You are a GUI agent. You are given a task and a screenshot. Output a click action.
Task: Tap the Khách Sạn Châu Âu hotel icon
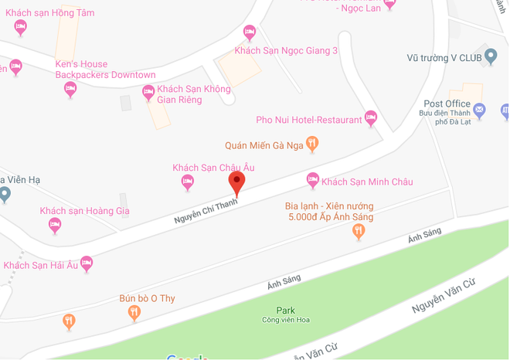click(187, 182)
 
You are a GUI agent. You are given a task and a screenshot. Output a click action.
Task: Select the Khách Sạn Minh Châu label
click(367, 182)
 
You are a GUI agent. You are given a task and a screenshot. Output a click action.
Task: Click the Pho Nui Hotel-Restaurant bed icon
click(371, 119)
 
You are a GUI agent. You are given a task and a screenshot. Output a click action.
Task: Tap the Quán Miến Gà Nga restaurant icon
click(312, 143)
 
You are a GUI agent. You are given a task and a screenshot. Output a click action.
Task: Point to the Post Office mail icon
click(479, 110)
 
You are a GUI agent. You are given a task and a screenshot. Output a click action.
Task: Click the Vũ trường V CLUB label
click(444, 58)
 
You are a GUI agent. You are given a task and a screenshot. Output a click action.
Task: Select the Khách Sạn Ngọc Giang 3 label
click(286, 51)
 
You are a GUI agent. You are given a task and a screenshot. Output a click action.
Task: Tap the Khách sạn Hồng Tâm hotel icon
click(21, 27)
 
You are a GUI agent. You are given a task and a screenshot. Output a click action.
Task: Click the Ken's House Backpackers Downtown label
click(105, 70)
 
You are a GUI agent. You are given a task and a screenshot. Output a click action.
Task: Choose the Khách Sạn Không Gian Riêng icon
click(148, 93)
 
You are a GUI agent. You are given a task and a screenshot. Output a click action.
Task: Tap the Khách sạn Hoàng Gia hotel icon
click(55, 226)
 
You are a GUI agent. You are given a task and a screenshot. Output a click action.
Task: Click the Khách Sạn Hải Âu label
click(40, 265)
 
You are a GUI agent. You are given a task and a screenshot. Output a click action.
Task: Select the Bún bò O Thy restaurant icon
click(134, 312)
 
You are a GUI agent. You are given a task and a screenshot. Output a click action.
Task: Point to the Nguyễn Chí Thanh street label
click(206, 211)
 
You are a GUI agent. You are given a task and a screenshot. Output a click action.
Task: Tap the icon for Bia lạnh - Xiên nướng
click(359, 231)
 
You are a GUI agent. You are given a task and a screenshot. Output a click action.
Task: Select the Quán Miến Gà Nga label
click(263, 144)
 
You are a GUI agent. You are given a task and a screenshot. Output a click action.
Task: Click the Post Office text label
click(447, 104)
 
